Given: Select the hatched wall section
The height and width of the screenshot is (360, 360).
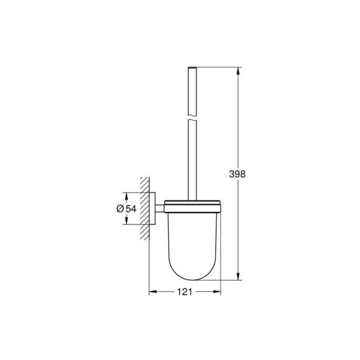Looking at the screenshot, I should pos(146,208).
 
